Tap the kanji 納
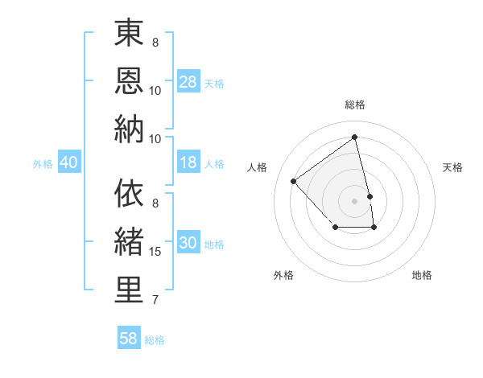click(129, 129)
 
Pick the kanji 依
click(129, 194)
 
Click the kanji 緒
click(129, 242)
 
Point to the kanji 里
click(129, 290)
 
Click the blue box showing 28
click(188, 82)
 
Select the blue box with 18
click(188, 163)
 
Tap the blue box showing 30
click(188, 244)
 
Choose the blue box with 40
click(68, 163)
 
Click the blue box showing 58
click(129, 339)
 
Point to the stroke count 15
click(155, 252)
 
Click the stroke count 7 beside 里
click(155, 300)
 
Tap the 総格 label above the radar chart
click(354, 105)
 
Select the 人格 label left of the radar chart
click(258, 167)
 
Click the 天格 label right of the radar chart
click(452, 167)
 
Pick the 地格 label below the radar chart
click(422, 275)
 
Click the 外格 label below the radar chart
click(283, 275)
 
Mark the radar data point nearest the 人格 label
click(294, 181)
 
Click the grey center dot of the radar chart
click(354, 200)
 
